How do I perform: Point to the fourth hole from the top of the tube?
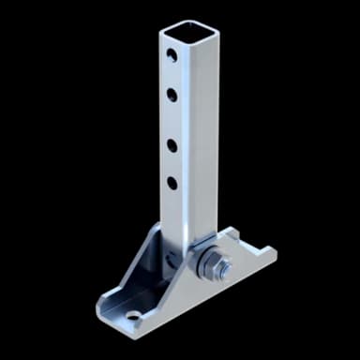pos(172,182)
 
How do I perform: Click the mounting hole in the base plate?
pos(134,316)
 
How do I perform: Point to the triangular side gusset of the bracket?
pos(141,272)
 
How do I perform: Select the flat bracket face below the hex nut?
pos(216,291)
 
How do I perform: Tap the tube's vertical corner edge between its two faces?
pos(186,141)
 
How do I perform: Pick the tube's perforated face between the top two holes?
pos(172,74)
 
